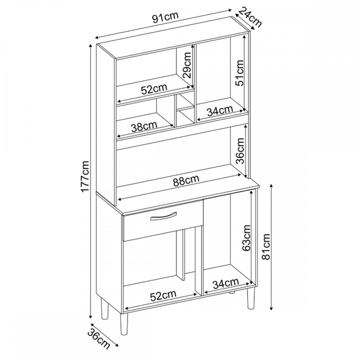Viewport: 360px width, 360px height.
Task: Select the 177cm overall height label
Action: click(x=85, y=176)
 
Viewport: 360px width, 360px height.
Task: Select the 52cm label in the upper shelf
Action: click(x=154, y=89)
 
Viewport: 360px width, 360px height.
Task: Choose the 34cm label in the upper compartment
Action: click(x=220, y=111)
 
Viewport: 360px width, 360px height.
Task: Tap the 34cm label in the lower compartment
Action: click(x=226, y=284)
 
